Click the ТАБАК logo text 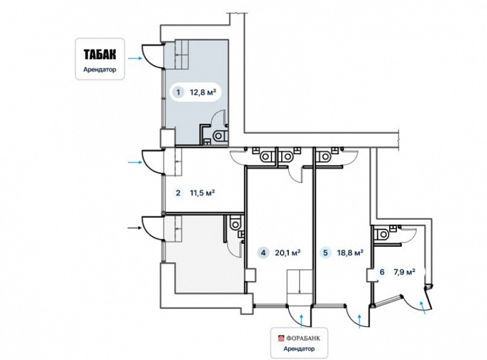point(100,55)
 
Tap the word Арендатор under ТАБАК point(100,70)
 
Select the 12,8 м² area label point(203,92)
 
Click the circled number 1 point(178,92)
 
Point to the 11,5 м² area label point(202,193)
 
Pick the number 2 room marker point(178,193)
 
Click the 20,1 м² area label point(288,253)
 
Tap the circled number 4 point(264,253)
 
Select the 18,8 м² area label point(350,253)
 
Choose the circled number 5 point(325,253)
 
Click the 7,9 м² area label point(405,272)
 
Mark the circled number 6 point(382,272)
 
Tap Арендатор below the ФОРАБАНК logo point(299,349)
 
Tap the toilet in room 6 point(381,234)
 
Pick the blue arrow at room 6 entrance point(422,308)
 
